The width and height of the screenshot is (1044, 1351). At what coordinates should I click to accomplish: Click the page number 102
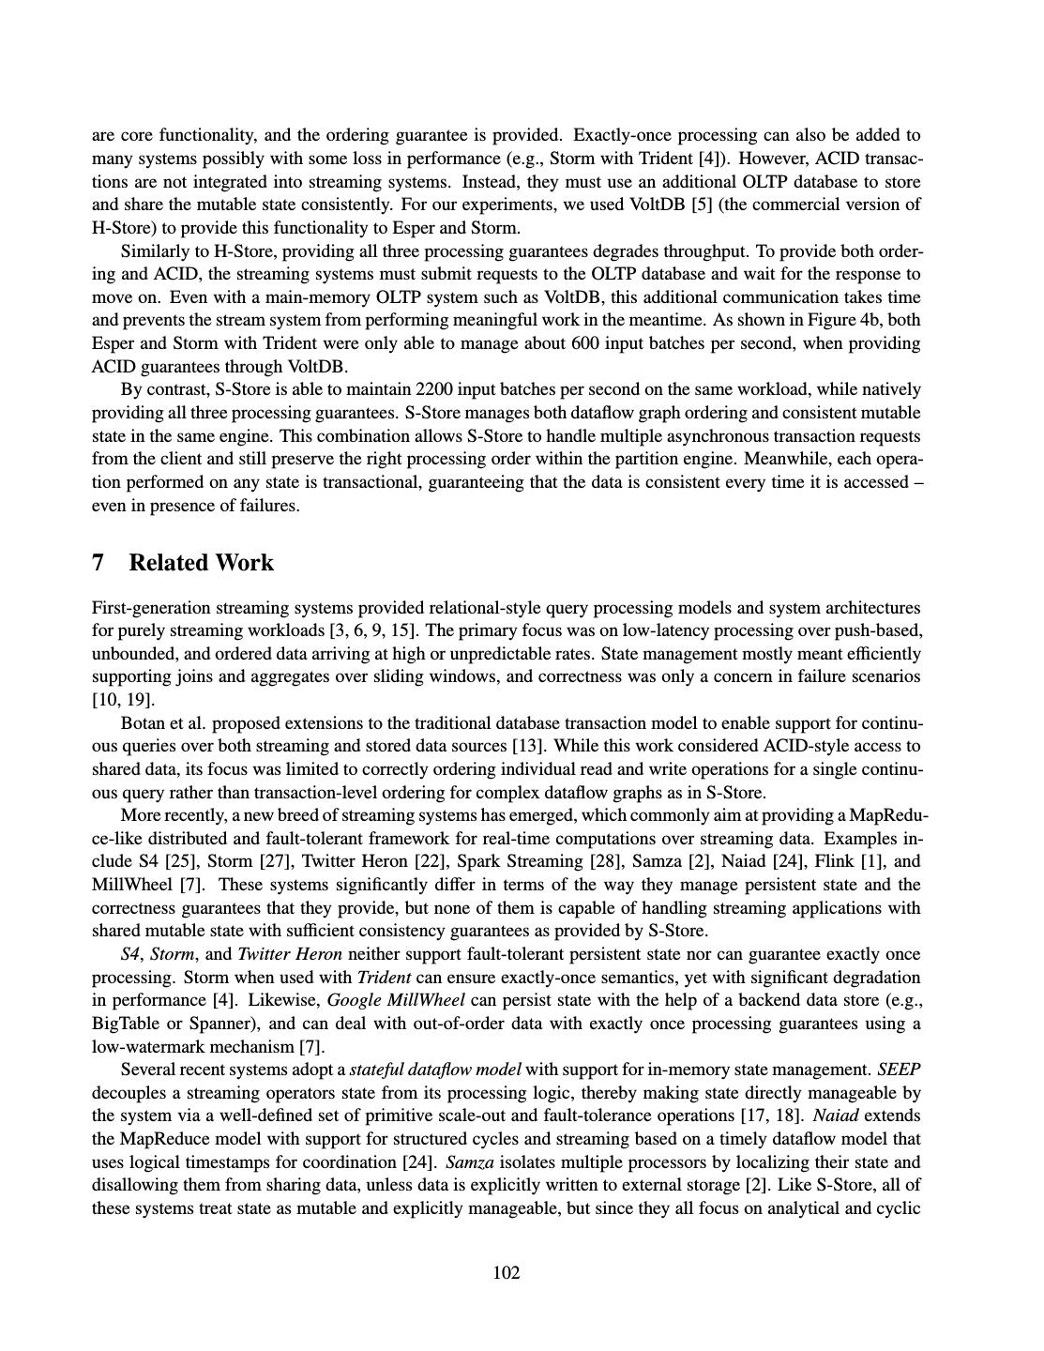(x=507, y=1272)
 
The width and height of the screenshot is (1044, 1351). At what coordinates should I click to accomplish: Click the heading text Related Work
(x=201, y=563)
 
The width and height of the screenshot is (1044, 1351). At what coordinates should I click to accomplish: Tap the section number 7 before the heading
(x=98, y=563)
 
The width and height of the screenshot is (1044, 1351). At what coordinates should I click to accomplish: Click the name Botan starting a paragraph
(x=144, y=723)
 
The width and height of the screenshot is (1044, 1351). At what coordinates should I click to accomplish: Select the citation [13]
(x=527, y=747)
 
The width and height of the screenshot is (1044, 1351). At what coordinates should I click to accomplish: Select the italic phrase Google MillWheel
(x=392, y=1000)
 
